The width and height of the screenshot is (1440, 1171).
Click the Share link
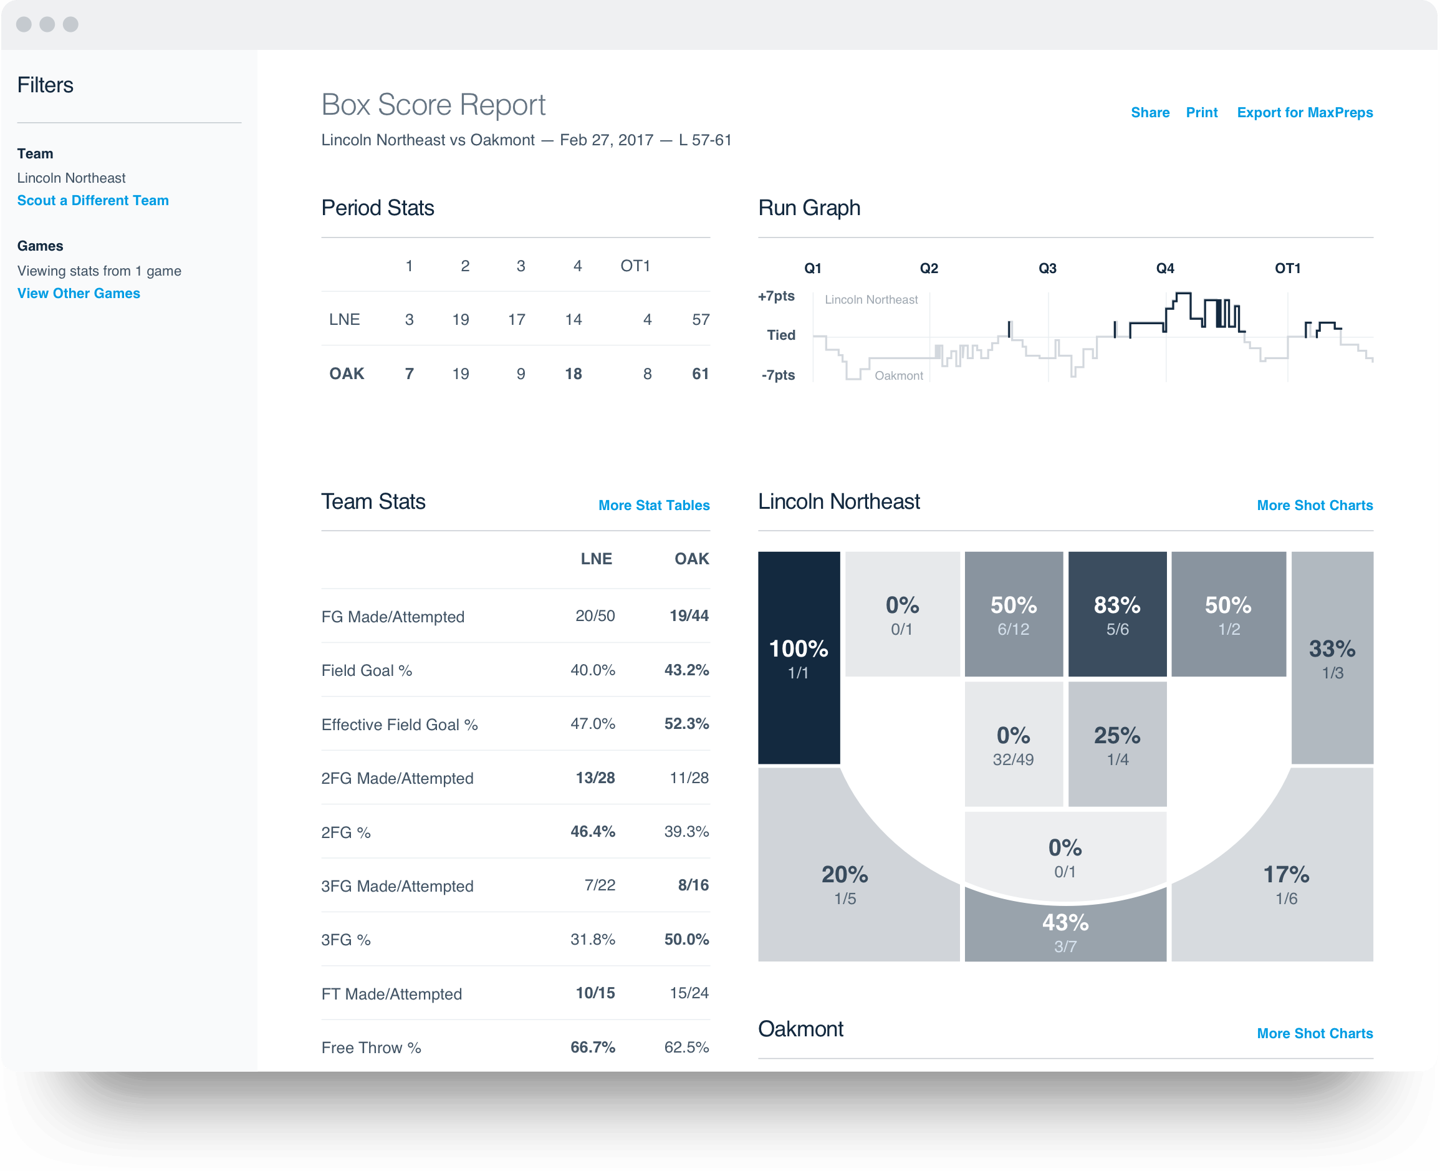(1150, 113)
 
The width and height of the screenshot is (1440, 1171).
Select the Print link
(1201, 113)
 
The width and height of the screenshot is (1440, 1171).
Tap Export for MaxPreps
(1305, 113)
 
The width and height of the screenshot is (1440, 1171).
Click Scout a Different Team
(93, 200)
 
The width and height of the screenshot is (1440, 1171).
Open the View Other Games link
(79, 294)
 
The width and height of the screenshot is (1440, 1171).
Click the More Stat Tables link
(653, 505)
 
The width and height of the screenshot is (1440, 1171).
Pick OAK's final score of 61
(700, 373)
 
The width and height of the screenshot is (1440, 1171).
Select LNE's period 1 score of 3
(409, 320)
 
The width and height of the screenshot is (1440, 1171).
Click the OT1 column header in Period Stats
(635, 266)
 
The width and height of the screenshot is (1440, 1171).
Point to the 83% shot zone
(1117, 614)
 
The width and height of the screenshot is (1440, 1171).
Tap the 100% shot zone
(799, 658)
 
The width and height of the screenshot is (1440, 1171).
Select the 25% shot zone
(1117, 744)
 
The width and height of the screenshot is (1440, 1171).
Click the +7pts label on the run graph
(776, 296)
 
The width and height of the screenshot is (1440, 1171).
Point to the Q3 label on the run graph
(1047, 269)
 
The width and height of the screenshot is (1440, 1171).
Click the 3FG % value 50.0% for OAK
(686, 939)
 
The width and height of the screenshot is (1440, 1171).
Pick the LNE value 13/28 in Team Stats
(595, 778)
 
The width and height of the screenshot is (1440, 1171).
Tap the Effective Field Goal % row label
(400, 725)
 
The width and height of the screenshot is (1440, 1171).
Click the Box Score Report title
(433, 105)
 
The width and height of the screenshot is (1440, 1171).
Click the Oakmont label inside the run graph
(898, 376)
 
